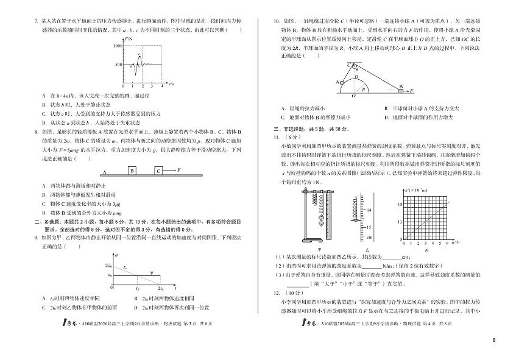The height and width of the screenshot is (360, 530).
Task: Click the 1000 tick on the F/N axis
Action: pyautogui.click(x=118, y=46)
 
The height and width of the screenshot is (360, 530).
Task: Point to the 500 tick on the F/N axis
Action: pyautogui.click(x=119, y=64)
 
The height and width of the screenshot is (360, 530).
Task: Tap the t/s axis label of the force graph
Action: pyautogui.click(x=172, y=83)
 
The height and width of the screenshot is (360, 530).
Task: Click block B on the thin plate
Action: pyautogui.click(x=132, y=171)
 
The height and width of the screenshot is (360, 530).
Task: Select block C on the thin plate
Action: pyautogui.click(x=158, y=171)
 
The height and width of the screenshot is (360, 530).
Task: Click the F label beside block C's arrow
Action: pyautogui.click(x=178, y=170)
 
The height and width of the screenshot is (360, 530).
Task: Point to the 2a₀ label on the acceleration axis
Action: pyautogui.click(x=109, y=266)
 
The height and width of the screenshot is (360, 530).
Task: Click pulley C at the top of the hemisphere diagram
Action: pyautogui.click(x=352, y=65)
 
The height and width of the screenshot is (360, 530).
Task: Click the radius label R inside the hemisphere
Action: pyautogui.click(x=364, y=89)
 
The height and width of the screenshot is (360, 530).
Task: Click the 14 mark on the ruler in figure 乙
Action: pyautogui.click(x=368, y=208)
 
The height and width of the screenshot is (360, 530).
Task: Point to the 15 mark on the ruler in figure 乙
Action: pyautogui.click(x=368, y=227)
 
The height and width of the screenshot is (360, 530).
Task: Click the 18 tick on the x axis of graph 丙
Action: pyautogui.click(x=400, y=205)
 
